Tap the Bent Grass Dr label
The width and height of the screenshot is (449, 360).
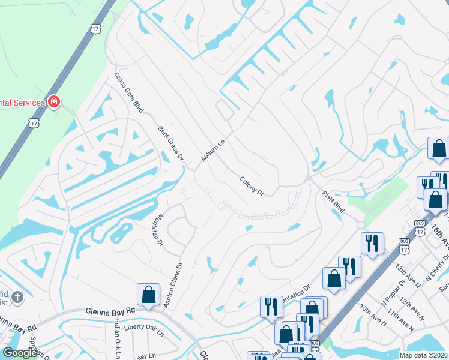[171, 143]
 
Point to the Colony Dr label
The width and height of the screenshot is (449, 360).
[252, 186]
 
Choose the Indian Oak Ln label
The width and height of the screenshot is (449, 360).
[118, 337]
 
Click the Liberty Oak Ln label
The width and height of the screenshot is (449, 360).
[144, 328]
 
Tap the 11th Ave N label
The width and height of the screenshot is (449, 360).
[401, 320]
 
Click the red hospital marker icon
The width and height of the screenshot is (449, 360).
[55, 102]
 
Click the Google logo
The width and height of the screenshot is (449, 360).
[20, 352]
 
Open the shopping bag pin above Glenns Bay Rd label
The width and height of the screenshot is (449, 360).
[148, 295]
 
